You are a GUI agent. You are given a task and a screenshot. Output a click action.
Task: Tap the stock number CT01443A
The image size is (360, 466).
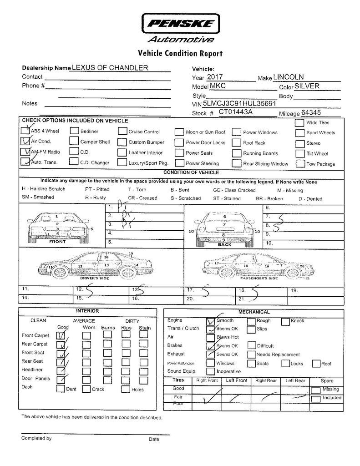pyautogui.click(x=236, y=111)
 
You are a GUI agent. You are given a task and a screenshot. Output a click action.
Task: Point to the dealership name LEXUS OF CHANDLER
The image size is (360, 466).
pyautogui.click(x=110, y=68)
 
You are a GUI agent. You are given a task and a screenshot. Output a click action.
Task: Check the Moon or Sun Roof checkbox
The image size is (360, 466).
pyautogui.click(x=179, y=132)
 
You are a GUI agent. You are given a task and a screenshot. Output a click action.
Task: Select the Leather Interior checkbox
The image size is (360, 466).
pyautogui.click(x=122, y=153)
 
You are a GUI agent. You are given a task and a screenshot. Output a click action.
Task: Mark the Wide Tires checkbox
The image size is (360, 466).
pyautogui.click(x=299, y=123)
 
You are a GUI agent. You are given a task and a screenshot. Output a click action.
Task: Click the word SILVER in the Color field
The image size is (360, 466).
pyautogui.click(x=307, y=86)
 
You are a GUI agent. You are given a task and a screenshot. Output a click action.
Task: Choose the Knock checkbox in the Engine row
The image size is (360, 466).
pyautogui.click(x=285, y=321)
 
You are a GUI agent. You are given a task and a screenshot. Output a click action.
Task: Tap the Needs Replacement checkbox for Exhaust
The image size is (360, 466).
pyautogui.click(x=252, y=355)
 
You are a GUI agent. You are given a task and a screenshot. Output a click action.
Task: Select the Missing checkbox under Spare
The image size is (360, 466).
pyautogui.click(x=315, y=390)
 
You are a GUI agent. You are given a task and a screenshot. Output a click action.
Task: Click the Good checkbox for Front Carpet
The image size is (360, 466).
pyautogui.click(x=61, y=335)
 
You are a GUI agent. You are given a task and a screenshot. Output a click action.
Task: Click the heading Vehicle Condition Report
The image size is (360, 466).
pyautogui.click(x=180, y=54)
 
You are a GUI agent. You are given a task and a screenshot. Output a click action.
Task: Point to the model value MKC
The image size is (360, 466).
pyautogui.click(x=218, y=86)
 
